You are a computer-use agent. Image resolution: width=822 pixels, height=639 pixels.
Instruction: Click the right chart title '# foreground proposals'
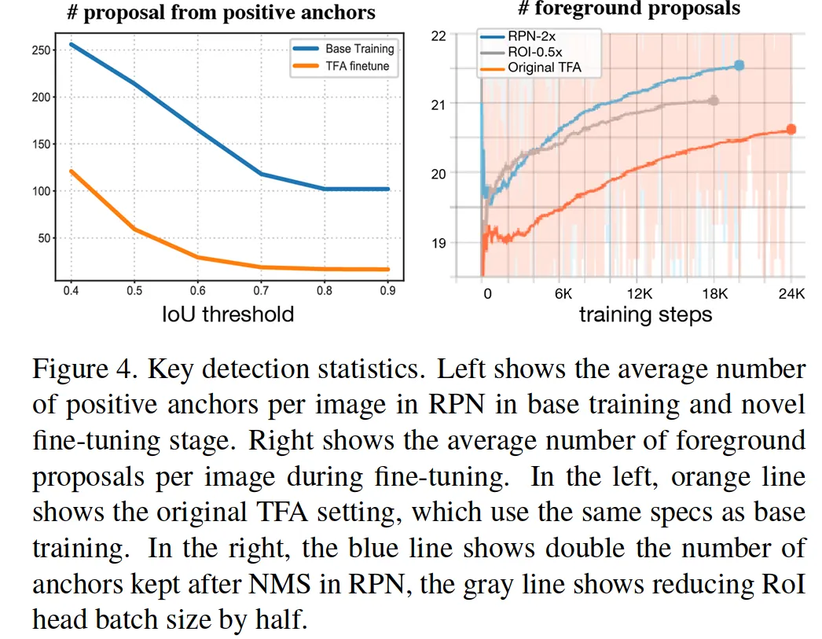629,9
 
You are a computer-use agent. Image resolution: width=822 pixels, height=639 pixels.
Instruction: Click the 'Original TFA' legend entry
544,68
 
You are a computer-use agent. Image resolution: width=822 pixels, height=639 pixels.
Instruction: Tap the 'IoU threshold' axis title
228,314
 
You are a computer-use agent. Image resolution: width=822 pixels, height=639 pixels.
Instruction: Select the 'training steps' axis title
645,315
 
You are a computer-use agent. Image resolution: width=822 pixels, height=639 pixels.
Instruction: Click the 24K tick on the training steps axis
791,294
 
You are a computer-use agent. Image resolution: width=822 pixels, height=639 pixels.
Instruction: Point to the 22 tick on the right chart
439,35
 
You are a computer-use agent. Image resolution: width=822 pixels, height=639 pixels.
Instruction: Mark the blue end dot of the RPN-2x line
738,65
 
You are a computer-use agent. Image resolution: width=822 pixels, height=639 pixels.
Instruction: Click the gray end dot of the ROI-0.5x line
714,101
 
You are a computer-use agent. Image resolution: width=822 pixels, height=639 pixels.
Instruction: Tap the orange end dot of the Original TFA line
791,129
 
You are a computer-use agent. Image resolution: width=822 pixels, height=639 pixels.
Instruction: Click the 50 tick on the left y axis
43,238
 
